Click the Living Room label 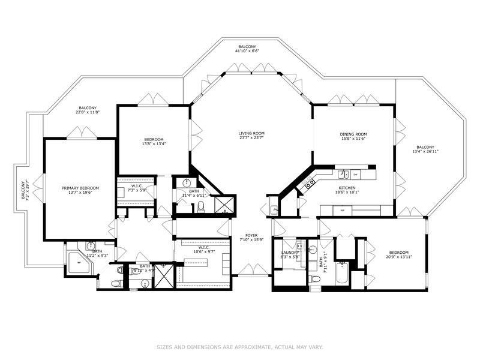[x=251, y=133]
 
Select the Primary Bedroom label [x=80, y=188]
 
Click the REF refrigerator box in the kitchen [x=343, y=211]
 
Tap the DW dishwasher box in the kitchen [x=356, y=175]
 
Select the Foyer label [x=251, y=236]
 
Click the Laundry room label [x=290, y=253]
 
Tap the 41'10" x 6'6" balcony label [x=247, y=47]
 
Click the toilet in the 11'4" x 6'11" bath [x=201, y=208]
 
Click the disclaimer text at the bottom [x=240, y=346]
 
